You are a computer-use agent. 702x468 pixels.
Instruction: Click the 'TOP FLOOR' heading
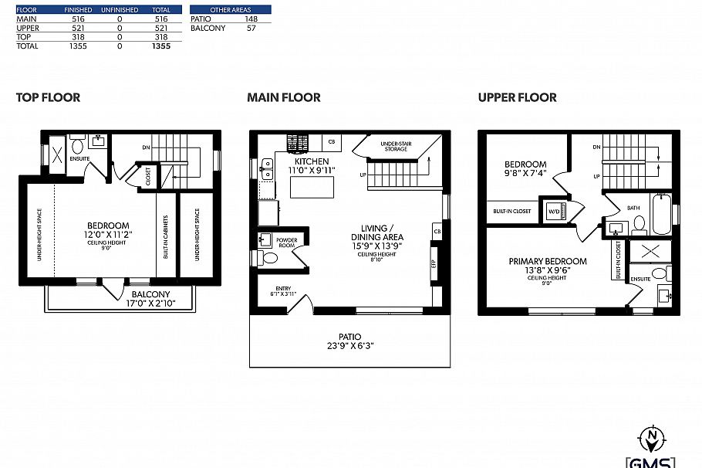pyautogui.click(x=48, y=97)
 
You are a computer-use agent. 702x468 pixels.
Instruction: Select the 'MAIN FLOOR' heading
pyautogui.click(x=283, y=97)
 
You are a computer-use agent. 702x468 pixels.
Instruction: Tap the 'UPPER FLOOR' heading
pyautogui.click(x=517, y=97)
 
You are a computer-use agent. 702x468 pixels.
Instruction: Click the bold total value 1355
pyautogui.click(x=160, y=46)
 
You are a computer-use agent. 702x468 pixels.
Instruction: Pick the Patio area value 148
pyautogui.click(x=251, y=18)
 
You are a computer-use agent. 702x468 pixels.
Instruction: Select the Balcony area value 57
pyautogui.click(x=251, y=28)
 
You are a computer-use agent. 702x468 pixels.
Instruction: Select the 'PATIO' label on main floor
pyautogui.click(x=349, y=336)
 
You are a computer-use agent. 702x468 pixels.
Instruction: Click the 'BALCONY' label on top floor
pyautogui.click(x=150, y=294)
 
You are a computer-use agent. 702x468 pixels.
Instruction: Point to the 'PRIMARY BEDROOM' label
pyautogui.click(x=547, y=261)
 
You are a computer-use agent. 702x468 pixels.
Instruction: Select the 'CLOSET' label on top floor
pyautogui.click(x=147, y=176)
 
